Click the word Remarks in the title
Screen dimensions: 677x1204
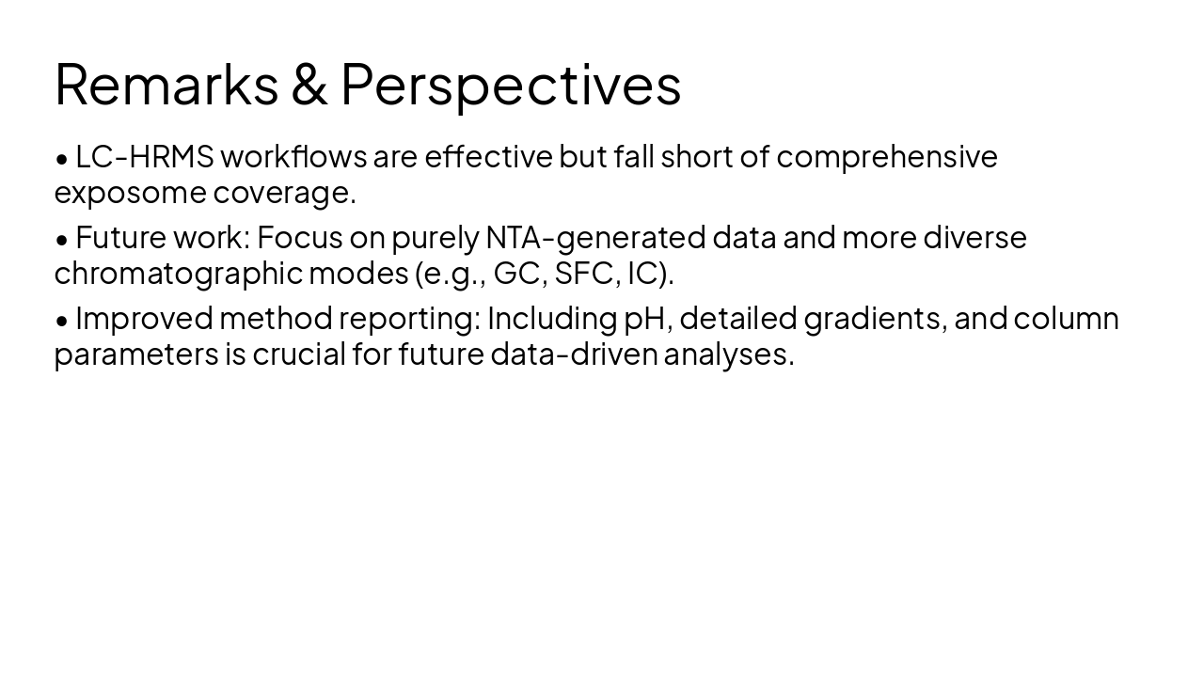coord(166,85)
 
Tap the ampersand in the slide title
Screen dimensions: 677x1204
coord(309,85)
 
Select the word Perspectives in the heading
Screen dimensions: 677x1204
coord(510,85)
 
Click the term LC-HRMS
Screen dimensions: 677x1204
coord(145,156)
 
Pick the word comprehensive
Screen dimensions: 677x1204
coord(886,156)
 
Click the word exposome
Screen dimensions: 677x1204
coord(130,193)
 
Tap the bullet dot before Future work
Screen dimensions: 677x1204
coord(62,240)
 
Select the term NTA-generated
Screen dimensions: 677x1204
coord(595,237)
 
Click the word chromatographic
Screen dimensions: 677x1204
coord(178,274)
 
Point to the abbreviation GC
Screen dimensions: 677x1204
coord(516,274)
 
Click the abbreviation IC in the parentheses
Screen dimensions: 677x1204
coord(643,274)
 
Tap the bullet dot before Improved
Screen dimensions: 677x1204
coord(62,321)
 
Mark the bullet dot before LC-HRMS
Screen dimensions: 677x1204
coord(62,159)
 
